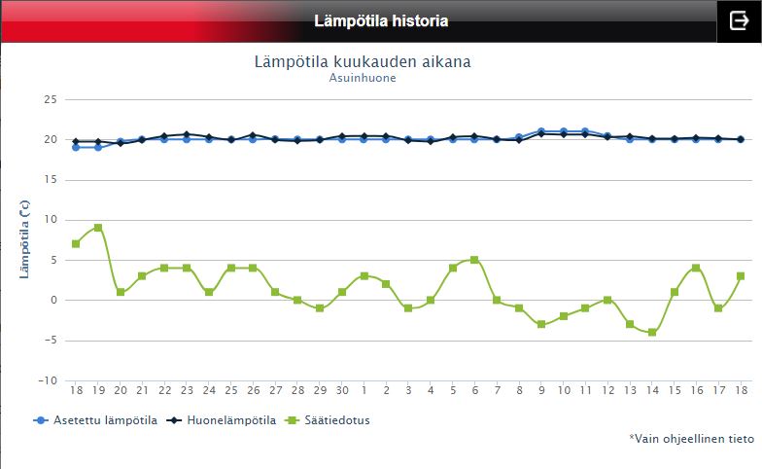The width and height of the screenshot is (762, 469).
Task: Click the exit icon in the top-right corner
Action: [x=738, y=21]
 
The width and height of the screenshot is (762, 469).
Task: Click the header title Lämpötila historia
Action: [x=381, y=21]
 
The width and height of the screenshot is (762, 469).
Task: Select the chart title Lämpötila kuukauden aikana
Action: [x=363, y=61]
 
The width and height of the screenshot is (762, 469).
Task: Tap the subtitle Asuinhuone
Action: [x=364, y=79]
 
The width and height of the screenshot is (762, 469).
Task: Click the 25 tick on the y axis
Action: [x=51, y=99]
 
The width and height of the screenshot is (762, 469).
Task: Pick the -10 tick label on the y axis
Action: [x=48, y=380]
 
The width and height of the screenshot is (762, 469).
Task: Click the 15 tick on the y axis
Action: [x=51, y=180]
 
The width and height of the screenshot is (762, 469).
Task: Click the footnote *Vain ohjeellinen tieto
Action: [x=691, y=439]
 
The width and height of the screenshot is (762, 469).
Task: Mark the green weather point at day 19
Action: [x=98, y=228]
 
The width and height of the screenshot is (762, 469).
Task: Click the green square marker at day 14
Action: [x=652, y=333]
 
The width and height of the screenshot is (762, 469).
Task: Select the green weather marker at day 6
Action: [x=474, y=260]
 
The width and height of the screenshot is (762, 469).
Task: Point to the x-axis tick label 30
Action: [x=342, y=390]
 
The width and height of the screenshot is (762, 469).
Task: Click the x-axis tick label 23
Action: [x=187, y=390]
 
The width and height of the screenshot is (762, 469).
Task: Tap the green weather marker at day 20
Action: [x=121, y=292]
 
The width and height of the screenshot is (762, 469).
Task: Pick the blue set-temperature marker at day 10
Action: [x=564, y=131]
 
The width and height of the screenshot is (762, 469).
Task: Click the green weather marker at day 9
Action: [x=541, y=324]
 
